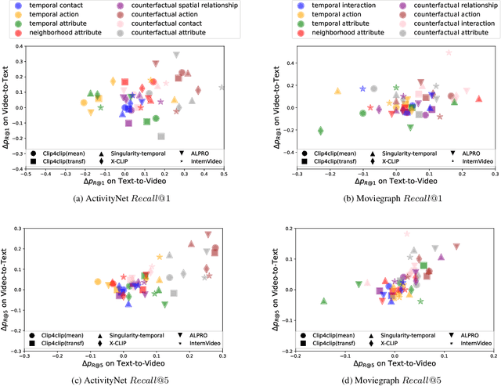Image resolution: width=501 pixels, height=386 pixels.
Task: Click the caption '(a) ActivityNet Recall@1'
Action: pos(124,197)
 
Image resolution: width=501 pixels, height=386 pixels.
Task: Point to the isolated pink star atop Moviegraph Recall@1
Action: pos(449,53)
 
